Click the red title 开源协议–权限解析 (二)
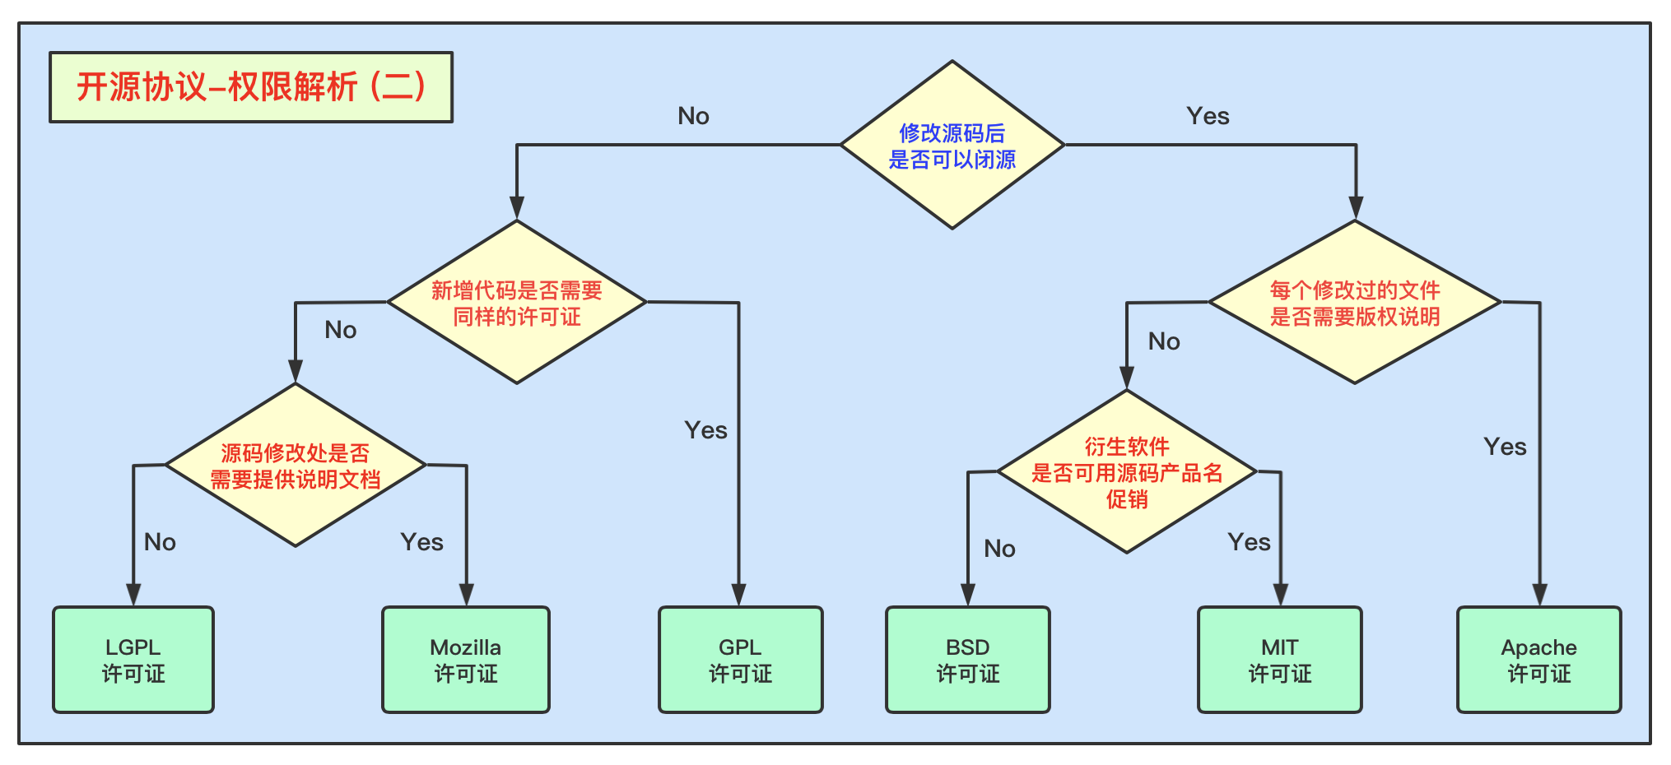pyautogui.click(x=251, y=87)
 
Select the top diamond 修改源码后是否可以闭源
pyautogui.click(x=952, y=146)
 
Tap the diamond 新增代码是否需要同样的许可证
pyautogui.click(x=517, y=303)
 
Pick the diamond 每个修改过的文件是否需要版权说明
pyautogui.click(x=1354, y=303)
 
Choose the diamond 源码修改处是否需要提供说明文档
pyautogui.click(x=296, y=466)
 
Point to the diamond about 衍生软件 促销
pyautogui.click(x=1126, y=472)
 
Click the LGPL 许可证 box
pyautogui.click(x=133, y=660)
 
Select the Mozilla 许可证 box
pyautogui.click(x=466, y=660)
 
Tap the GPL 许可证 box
pyautogui.click(x=740, y=660)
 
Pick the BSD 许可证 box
pyautogui.click(x=967, y=660)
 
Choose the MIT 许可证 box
pyautogui.click(x=1279, y=660)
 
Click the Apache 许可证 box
pyautogui.click(x=1538, y=660)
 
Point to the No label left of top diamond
pyautogui.click(x=693, y=116)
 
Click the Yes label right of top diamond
pyautogui.click(x=1208, y=116)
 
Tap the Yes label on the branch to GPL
pyautogui.click(x=705, y=430)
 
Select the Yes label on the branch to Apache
pyautogui.click(x=1505, y=447)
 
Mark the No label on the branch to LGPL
pyautogui.click(x=160, y=542)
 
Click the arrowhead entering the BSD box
pyautogui.click(x=968, y=595)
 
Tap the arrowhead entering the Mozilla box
pyautogui.click(x=467, y=595)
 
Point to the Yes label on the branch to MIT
pyautogui.click(x=1249, y=542)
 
